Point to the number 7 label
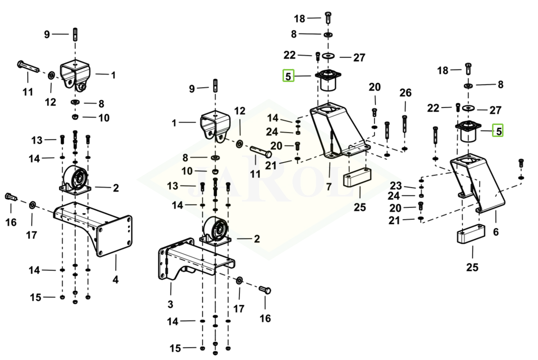(x=329, y=187)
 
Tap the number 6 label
(x=495, y=232)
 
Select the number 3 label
(x=170, y=304)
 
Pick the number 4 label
(x=115, y=279)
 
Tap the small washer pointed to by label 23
(x=422, y=186)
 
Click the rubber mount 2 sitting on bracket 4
(x=75, y=180)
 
